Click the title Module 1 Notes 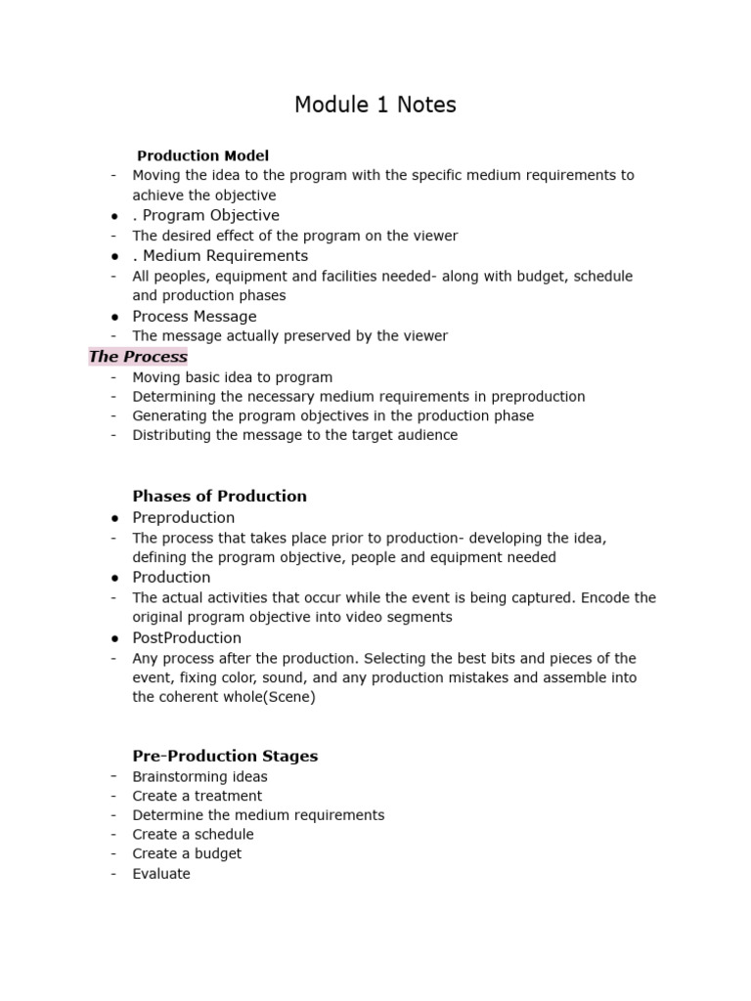pos(375,105)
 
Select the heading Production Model pos(202,155)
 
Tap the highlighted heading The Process pos(138,357)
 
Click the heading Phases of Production pos(219,496)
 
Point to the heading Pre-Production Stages pos(225,756)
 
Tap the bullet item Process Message pos(195,317)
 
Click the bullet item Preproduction pos(184,518)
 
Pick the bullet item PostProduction pos(187,638)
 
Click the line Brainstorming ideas pos(199,777)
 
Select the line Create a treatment pos(198,796)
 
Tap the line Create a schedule pos(193,835)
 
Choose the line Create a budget pos(187,853)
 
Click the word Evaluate pos(161,874)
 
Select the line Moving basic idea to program pos(233,377)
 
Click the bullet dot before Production pos(115,578)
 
